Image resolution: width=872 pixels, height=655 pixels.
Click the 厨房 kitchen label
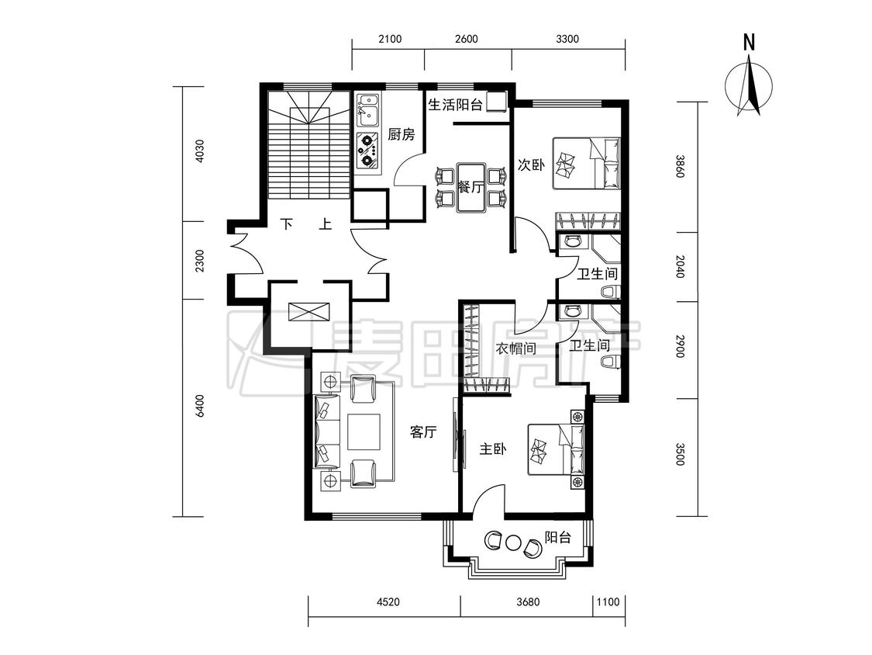coord(402,134)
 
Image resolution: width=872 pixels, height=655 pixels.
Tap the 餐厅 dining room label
coord(470,186)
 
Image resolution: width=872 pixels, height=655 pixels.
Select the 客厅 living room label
coord(423,431)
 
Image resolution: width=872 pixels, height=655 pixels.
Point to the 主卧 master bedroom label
coord(493,449)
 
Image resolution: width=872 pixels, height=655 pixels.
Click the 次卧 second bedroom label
coord(531,165)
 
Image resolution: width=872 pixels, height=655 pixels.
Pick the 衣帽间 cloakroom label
coord(516,348)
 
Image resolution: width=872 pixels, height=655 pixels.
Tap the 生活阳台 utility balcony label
coord(455,105)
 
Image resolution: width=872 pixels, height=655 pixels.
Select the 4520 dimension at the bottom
coord(388,601)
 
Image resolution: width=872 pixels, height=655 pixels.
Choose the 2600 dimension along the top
coord(466,39)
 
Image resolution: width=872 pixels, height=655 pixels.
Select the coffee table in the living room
coord(364,431)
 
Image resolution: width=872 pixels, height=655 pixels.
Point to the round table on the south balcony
coord(513,542)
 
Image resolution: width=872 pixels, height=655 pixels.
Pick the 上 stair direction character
coord(326,224)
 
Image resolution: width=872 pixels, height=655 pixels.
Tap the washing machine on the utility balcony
coord(496,102)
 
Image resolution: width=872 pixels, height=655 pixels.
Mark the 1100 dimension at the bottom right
coord(608,601)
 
